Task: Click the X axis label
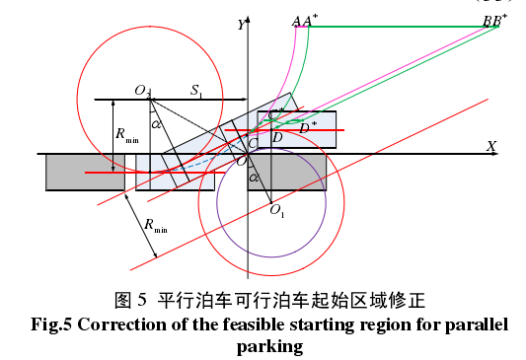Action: [490, 146]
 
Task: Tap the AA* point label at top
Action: [303, 21]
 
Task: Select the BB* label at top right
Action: [490, 21]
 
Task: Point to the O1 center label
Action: [277, 210]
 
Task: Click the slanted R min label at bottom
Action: [155, 226]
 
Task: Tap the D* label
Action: [308, 125]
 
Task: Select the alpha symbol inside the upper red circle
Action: [156, 124]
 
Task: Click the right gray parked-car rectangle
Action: [300, 173]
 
